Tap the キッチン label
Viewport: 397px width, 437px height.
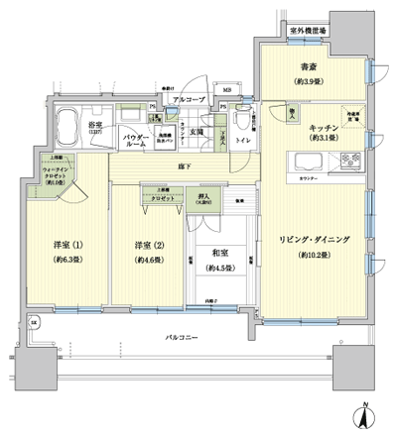pos(325,128)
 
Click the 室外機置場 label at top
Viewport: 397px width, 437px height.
pos(309,32)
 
